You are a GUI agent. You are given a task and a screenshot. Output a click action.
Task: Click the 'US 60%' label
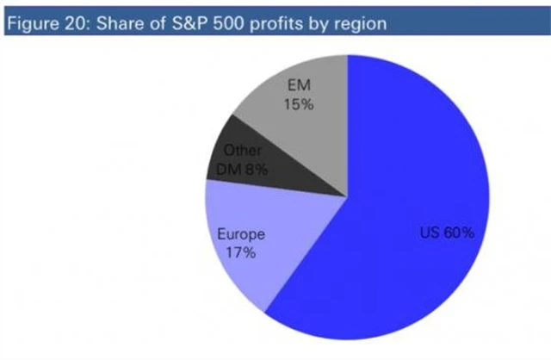click(x=446, y=233)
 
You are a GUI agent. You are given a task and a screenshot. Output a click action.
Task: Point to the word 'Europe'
click(x=240, y=233)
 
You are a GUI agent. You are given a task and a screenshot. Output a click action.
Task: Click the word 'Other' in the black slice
click(x=248, y=151)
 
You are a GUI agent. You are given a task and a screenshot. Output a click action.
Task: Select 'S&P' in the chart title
click(x=192, y=23)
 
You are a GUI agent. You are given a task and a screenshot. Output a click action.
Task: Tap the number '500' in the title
click(x=232, y=23)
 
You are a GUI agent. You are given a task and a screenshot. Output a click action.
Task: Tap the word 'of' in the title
click(x=157, y=23)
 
